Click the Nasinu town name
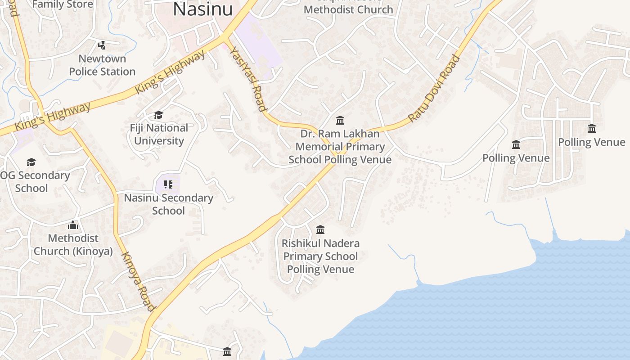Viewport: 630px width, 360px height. click(203, 9)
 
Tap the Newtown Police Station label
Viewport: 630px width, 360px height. click(102, 65)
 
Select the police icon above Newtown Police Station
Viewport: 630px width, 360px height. click(102, 45)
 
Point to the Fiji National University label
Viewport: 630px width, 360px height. click(159, 134)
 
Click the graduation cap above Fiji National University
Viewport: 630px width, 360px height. click(158, 115)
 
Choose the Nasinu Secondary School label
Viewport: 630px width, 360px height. click(168, 204)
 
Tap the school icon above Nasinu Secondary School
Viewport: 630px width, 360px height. click(168, 184)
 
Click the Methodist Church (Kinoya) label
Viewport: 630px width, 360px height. click(73, 244)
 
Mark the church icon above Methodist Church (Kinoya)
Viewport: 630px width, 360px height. click(73, 225)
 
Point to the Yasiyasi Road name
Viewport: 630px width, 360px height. click(248, 78)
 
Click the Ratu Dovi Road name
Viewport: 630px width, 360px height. click(434, 88)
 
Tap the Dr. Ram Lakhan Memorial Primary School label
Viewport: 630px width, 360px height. click(340, 147)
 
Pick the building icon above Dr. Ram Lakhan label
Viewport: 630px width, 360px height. click(340, 120)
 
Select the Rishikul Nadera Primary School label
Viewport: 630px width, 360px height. click(320, 256)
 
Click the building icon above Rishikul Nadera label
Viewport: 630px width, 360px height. click(320, 229)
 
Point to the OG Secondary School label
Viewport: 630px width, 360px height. click(34, 181)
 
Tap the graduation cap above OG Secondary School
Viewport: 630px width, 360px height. click(31, 162)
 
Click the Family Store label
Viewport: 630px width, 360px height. click(63, 4)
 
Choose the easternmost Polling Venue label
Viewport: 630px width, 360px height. click(591, 142)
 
